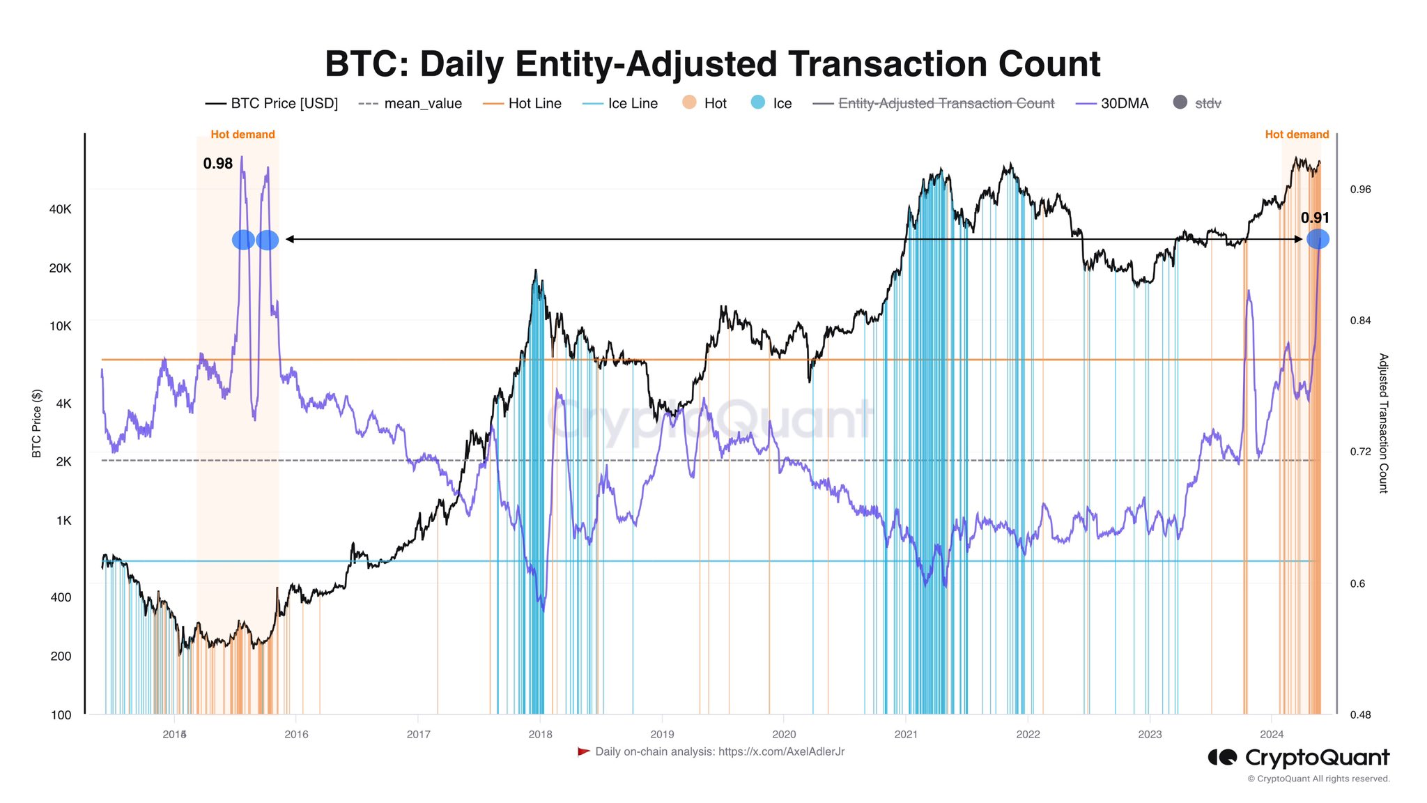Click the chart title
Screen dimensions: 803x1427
[712, 64]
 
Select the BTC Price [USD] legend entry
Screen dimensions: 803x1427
[272, 104]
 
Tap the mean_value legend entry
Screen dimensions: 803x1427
[410, 104]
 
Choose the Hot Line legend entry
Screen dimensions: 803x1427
[523, 104]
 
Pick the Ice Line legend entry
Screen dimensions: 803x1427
[620, 104]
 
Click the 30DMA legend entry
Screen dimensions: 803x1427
[1113, 104]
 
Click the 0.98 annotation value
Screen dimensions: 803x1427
[218, 164]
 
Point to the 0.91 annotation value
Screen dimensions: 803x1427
[1315, 218]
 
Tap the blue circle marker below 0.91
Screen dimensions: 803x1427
[1318, 239]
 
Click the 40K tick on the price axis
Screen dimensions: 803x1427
[60, 209]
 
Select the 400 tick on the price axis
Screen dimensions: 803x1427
[61, 597]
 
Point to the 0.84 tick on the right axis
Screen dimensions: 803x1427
[1360, 321]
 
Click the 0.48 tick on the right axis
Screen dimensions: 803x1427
[1360, 714]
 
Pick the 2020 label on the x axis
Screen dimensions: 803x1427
[784, 734]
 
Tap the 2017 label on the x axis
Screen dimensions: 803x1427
[418, 734]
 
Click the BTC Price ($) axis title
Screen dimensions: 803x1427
[37, 423]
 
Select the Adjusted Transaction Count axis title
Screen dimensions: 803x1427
[1384, 423]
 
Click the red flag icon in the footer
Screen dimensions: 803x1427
[584, 751]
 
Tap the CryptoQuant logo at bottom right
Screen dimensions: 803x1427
[1299, 758]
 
